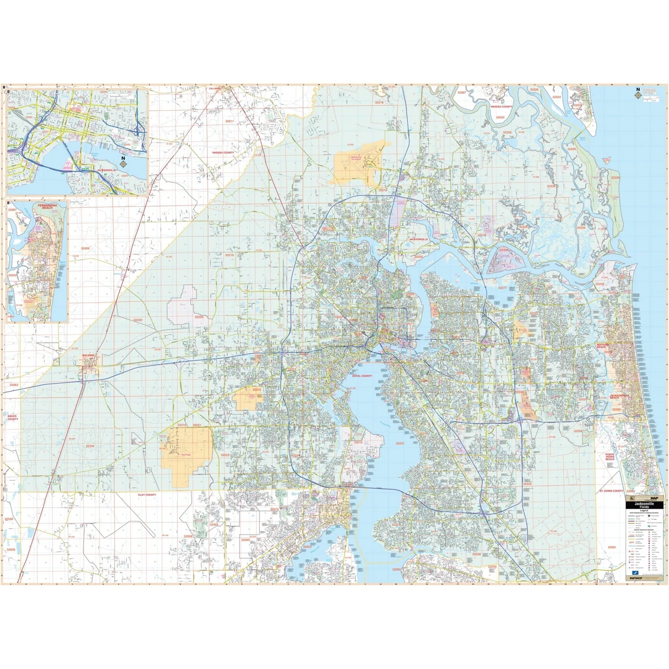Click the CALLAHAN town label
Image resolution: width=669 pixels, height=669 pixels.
pyautogui.click(x=214, y=88)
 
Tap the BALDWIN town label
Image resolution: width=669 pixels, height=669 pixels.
pyautogui.click(x=89, y=356)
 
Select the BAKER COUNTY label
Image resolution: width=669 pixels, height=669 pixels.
pyautogui.click(x=12, y=418)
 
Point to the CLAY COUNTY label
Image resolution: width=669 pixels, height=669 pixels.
pyautogui.click(x=147, y=495)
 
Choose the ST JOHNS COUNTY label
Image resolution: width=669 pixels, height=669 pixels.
pyautogui.click(x=611, y=490)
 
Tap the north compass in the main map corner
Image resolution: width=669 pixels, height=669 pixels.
pyautogui.click(x=638, y=93)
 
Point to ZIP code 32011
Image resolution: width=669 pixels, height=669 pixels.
pyautogui.click(x=229, y=121)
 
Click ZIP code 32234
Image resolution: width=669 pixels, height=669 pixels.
pyautogui.click(x=90, y=446)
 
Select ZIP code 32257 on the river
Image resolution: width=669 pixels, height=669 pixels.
pyautogui.click(x=400, y=443)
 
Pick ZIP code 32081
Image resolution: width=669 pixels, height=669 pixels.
pyautogui.click(x=612, y=547)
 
